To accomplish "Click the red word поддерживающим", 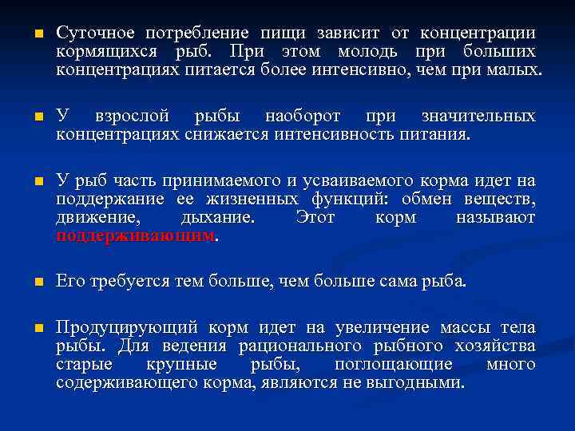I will (136, 236).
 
